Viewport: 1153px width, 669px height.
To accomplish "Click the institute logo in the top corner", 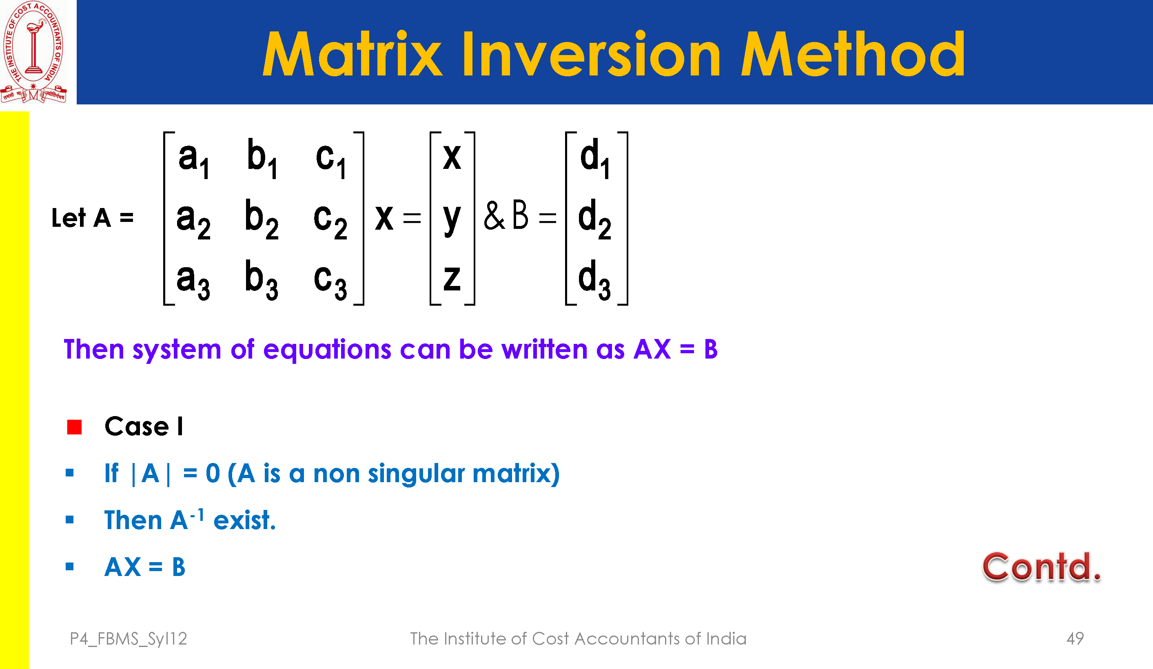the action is (x=34, y=52).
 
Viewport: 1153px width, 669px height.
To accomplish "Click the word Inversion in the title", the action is (x=592, y=54).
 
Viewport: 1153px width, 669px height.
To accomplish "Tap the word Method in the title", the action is (x=853, y=53).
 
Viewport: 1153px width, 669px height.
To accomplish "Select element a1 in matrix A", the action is (x=193, y=160).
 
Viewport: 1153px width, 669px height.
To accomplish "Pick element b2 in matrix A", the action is (x=262, y=219).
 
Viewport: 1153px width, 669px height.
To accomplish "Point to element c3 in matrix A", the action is (x=330, y=280).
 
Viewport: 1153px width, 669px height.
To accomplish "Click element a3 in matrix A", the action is (x=193, y=280).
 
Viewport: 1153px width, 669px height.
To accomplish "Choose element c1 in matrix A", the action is (x=331, y=160).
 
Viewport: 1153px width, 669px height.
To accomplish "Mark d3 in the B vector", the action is (x=594, y=279).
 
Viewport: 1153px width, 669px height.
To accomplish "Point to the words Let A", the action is (x=82, y=217).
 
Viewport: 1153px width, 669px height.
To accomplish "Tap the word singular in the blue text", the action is (x=416, y=474).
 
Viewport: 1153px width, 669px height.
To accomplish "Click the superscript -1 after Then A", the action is (x=197, y=515).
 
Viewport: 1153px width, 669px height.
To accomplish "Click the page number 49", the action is (x=1075, y=638).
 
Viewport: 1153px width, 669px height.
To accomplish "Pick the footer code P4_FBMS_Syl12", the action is (x=129, y=639).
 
